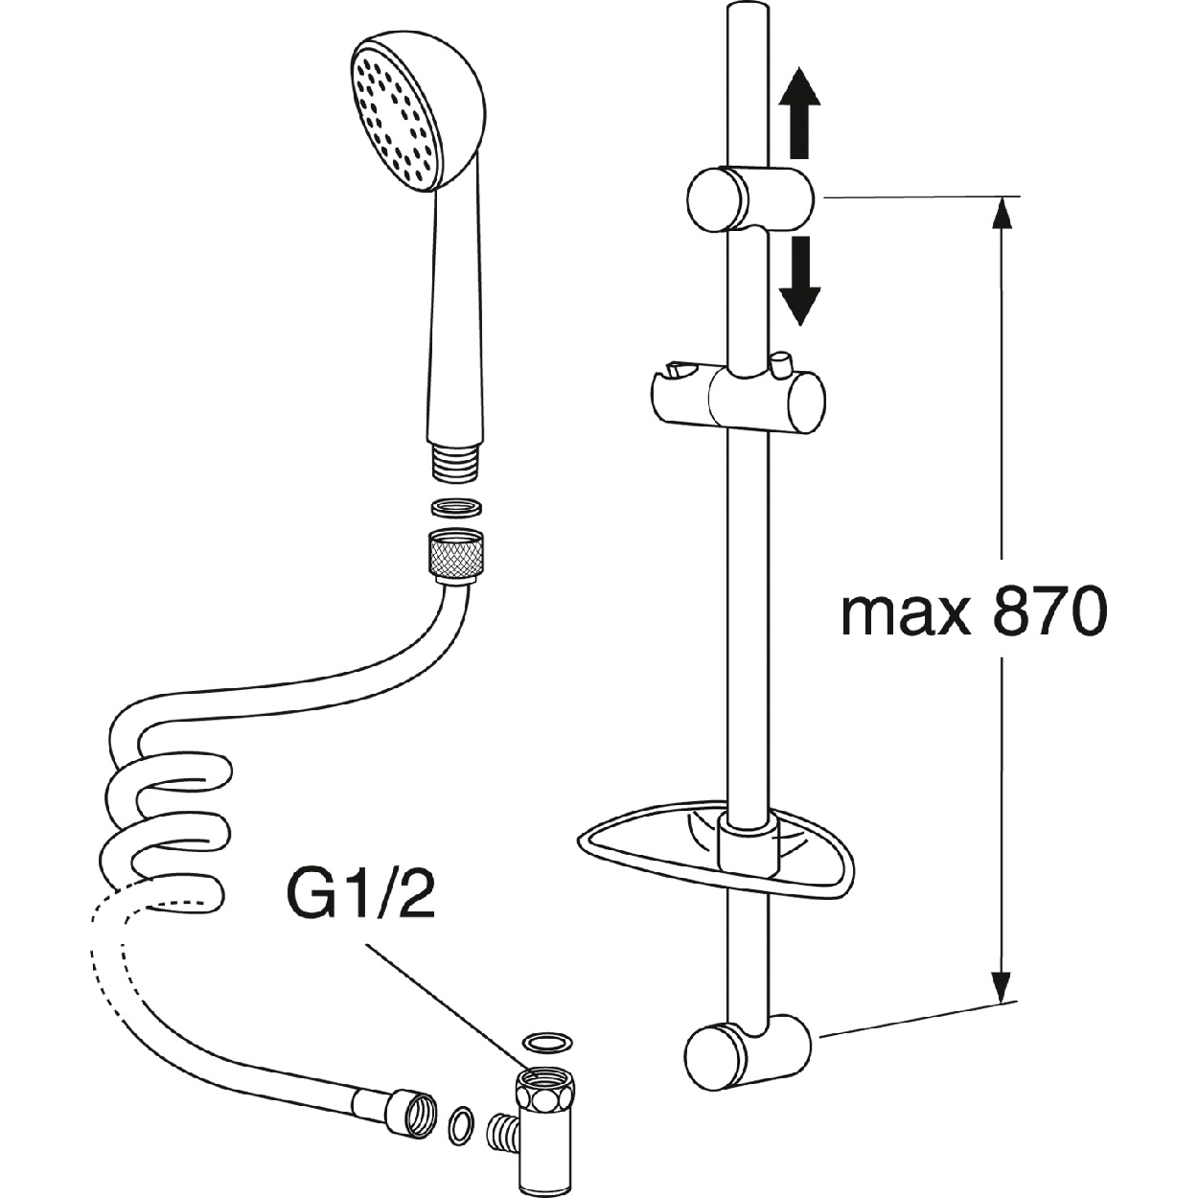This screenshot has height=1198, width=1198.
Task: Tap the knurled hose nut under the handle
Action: pyautogui.click(x=453, y=555)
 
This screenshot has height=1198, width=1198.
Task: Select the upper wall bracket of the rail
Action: pyautogui.click(x=747, y=198)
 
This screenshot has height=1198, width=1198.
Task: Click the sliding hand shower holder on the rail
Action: pyautogui.click(x=738, y=398)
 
